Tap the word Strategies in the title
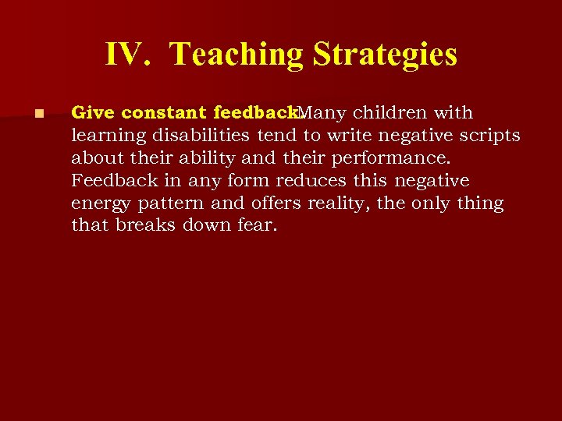(385, 55)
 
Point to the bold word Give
(92, 113)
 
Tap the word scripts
(489, 136)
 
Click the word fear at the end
(259, 226)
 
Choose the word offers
(275, 204)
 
